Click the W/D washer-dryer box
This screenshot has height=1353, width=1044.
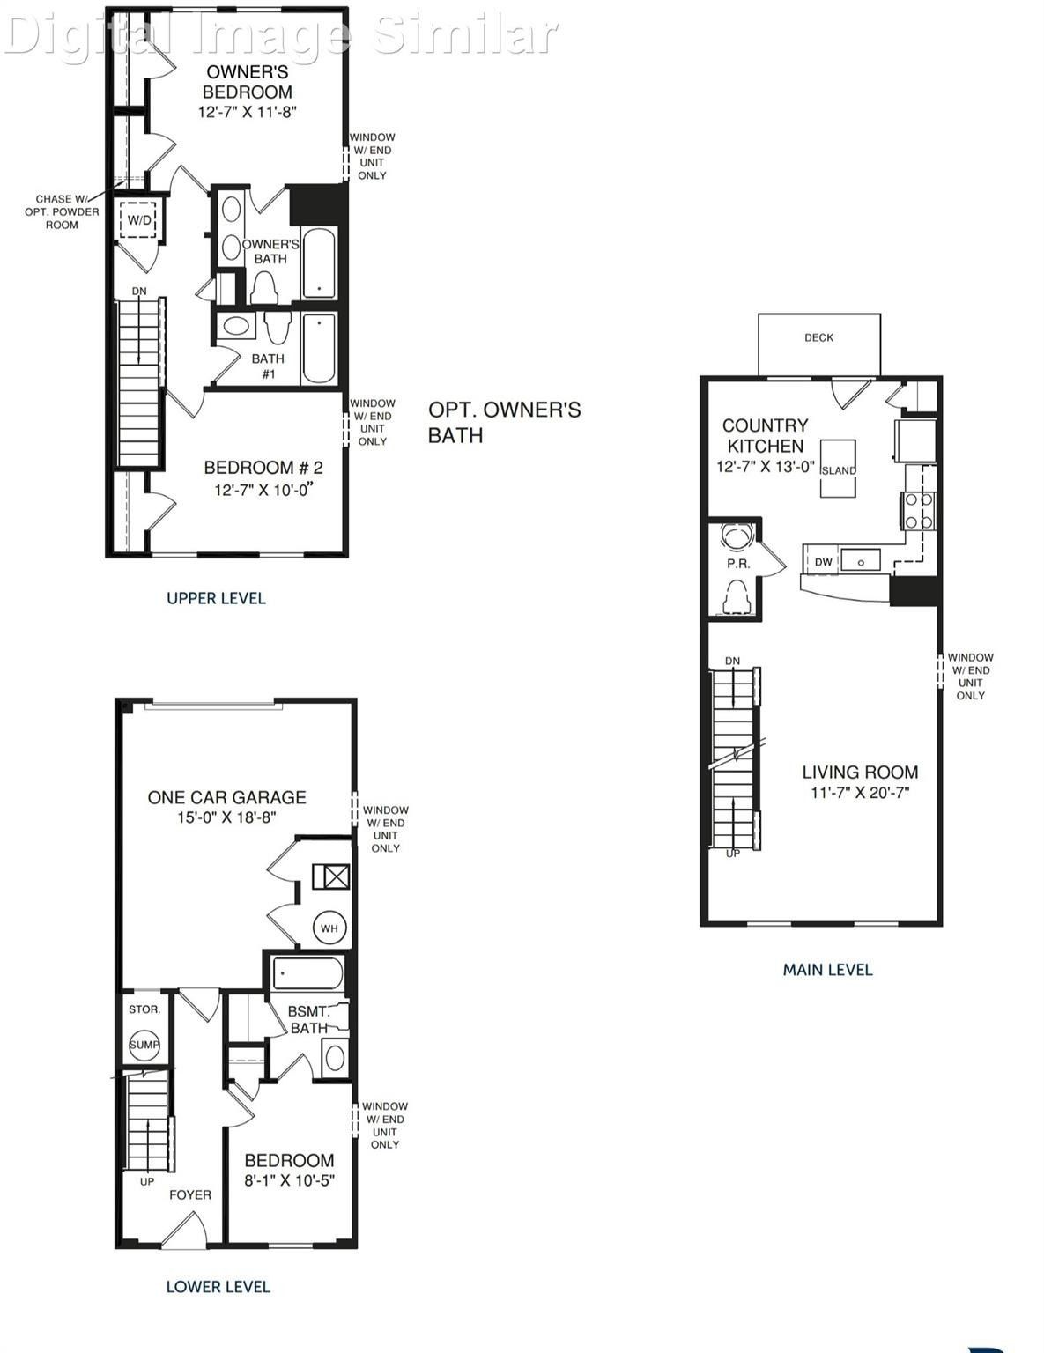tap(139, 220)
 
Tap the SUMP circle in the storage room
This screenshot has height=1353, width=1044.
tap(144, 1045)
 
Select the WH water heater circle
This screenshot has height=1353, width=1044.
tap(329, 928)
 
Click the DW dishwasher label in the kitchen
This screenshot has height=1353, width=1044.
tap(823, 562)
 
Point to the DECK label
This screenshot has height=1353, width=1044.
tap(818, 337)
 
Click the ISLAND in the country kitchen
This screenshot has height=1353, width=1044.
tap(838, 469)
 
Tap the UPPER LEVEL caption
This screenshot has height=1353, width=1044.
tap(216, 598)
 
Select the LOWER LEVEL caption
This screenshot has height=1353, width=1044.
tap(218, 1287)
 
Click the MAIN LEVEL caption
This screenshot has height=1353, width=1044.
tap(827, 970)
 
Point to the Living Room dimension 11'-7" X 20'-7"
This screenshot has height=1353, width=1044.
tap(860, 793)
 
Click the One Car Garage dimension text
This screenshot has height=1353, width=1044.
tap(226, 817)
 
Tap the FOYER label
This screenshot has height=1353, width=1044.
tap(190, 1194)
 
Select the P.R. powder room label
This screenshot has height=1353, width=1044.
tap(738, 564)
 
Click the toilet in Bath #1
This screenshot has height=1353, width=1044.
tap(277, 329)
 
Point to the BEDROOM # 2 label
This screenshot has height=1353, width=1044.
tap(263, 468)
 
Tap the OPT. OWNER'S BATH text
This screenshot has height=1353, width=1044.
tap(504, 422)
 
